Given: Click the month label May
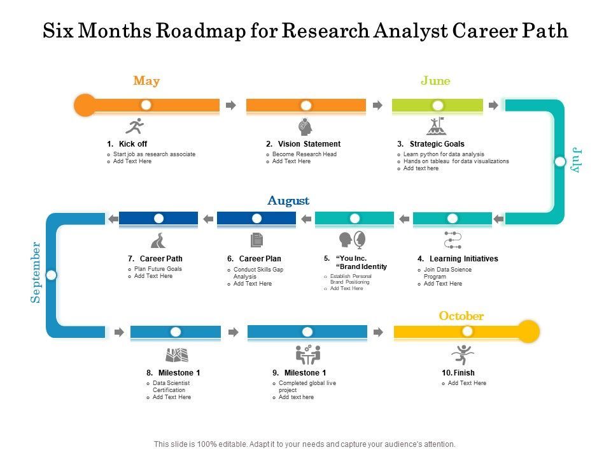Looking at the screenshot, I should point(146,81).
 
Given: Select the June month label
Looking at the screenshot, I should point(435,81).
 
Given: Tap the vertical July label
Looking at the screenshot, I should point(577,160).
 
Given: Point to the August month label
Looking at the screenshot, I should point(288,201).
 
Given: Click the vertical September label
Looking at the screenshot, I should point(36,272).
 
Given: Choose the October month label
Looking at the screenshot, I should point(461,316).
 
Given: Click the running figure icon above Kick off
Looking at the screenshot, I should point(134,126).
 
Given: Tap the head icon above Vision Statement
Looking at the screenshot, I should point(305,126).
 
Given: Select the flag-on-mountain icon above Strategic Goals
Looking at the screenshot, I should point(436,126).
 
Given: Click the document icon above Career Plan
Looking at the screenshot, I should point(256,240).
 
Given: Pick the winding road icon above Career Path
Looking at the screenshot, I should point(157,240).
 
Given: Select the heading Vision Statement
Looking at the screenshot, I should point(309,144).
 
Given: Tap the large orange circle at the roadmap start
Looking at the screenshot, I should point(85,105).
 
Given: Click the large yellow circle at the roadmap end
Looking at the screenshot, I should point(528,331).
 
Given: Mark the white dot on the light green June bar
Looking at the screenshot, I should point(437,105).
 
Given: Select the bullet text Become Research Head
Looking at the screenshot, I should point(304,154).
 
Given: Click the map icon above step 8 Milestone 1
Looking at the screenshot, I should point(176,354).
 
